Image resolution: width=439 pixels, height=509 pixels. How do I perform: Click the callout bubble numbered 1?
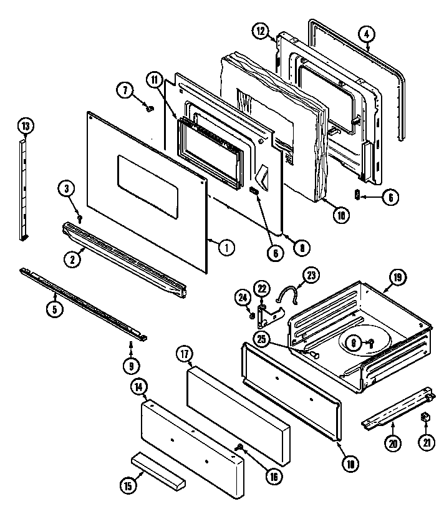226,248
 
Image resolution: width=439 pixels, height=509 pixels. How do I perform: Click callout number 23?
310,275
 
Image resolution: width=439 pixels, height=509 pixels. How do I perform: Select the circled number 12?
261,31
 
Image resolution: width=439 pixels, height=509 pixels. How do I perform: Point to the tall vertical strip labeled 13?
23,187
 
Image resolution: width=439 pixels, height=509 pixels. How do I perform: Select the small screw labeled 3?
80,216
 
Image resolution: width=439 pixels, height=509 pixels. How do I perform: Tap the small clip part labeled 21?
425,416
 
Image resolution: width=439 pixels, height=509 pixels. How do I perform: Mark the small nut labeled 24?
252,316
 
